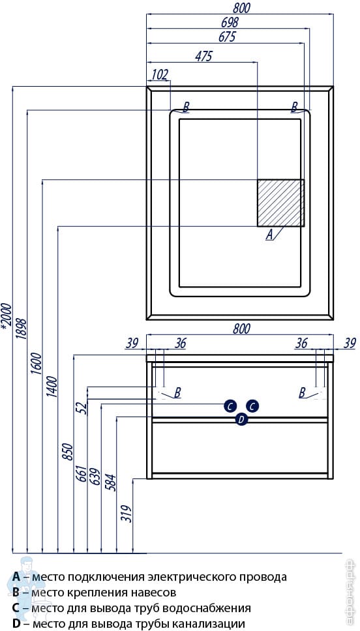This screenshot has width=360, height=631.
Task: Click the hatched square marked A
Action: point(280,203)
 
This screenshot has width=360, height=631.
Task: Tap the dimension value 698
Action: point(228,22)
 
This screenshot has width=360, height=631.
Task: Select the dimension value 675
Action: point(227,37)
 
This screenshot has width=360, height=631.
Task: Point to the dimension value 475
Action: point(203,57)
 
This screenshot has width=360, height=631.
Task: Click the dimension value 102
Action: point(160,75)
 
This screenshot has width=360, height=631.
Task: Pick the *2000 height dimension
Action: point(7,317)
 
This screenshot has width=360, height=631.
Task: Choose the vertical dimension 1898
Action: point(22,329)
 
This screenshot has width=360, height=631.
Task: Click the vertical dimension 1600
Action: point(37,363)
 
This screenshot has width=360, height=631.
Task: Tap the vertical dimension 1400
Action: point(52,387)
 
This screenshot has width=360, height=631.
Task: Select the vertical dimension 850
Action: point(67,452)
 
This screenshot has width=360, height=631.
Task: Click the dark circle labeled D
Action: point(241,419)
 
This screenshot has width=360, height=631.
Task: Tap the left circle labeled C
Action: point(230,407)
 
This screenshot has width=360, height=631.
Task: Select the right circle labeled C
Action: point(252,407)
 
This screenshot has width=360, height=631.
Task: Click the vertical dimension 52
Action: point(83,408)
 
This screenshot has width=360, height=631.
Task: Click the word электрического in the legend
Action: point(182,577)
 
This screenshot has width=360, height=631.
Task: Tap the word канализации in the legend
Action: point(213,624)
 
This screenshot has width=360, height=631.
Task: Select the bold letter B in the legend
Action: point(16,593)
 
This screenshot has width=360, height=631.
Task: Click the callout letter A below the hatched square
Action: point(269,234)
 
